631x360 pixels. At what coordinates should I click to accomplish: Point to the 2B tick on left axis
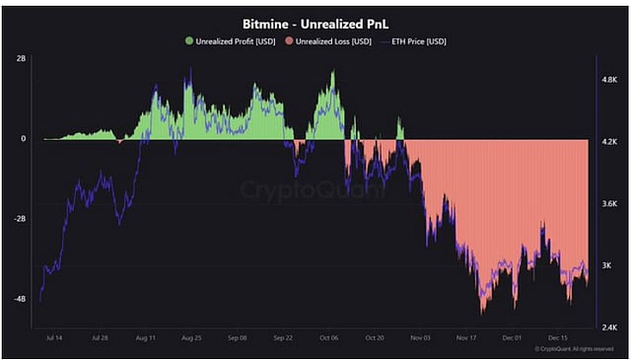(21, 59)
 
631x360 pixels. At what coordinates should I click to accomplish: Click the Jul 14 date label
(55, 337)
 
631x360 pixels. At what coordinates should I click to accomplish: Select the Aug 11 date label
(146, 337)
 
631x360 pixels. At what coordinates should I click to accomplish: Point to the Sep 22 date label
(283, 337)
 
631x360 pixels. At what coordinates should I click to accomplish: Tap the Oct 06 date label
(328, 337)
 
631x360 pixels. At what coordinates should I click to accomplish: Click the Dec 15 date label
(556, 337)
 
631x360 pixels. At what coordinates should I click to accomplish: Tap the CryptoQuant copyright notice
(570, 348)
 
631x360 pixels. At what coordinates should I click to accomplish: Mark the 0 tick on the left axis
(24, 139)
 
